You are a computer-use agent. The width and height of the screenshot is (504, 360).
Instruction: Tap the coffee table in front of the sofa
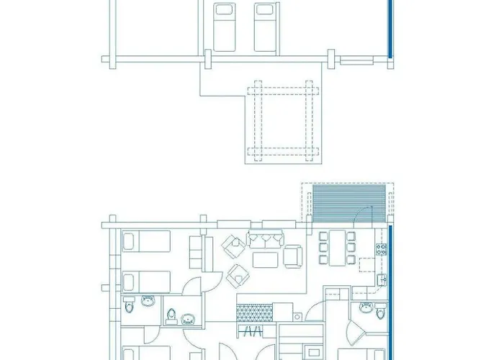pos(266,258)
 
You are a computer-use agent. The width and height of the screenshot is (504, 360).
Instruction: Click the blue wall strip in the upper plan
pos(390,29)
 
